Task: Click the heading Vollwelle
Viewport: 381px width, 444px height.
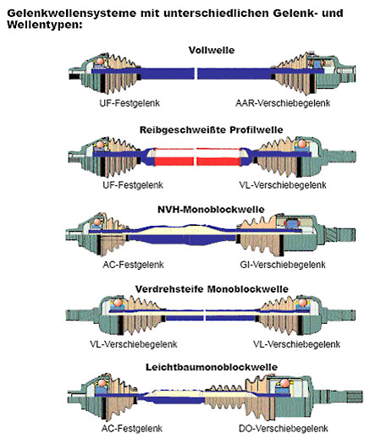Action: [x=212, y=51]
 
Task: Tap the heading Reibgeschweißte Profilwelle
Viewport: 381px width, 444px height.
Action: [x=211, y=130]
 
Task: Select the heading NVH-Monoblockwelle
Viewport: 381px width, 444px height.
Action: [x=211, y=210]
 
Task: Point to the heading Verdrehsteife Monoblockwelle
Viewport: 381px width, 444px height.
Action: [x=212, y=289]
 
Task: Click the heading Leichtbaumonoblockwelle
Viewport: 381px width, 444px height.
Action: [x=212, y=367]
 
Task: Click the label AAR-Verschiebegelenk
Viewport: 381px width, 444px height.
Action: [x=283, y=103]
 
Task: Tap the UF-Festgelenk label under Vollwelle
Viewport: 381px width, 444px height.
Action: [x=130, y=103]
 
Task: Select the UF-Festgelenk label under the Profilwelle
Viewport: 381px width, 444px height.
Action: [x=133, y=185]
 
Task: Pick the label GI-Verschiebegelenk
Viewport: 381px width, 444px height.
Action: [x=282, y=265]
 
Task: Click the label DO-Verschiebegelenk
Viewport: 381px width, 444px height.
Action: [x=283, y=429]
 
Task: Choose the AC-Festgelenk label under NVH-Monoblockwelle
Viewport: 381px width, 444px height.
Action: [x=133, y=265]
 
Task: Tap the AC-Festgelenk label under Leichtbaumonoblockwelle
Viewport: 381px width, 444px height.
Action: [x=132, y=429]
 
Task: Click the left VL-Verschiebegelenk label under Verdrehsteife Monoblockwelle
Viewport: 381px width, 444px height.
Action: [x=134, y=344]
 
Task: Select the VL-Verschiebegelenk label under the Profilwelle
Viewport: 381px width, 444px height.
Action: [x=283, y=185]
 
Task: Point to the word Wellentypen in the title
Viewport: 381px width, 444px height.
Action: [x=45, y=25]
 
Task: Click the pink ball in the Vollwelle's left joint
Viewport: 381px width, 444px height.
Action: [x=101, y=62]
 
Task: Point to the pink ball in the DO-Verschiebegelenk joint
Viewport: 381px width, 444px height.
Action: [x=284, y=384]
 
